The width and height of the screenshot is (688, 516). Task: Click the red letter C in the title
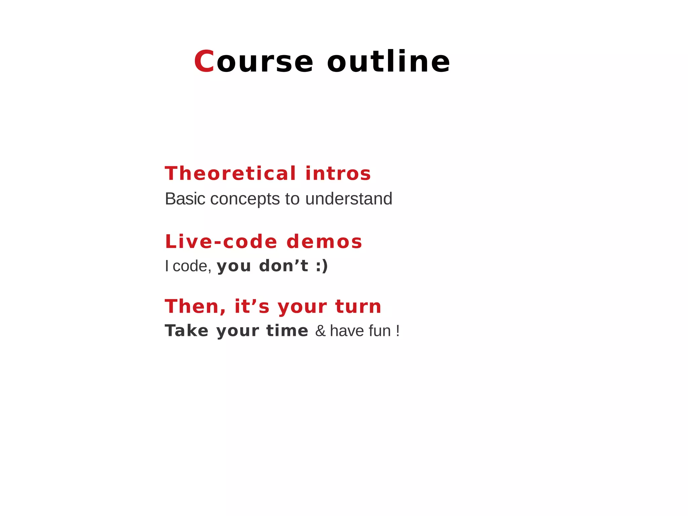point(204,61)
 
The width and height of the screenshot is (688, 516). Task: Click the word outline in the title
point(388,61)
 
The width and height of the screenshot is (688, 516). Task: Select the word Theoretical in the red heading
point(230,173)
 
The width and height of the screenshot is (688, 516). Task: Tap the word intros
point(338,173)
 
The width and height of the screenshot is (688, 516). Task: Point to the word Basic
point(185,199)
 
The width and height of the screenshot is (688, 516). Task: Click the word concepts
point(245,199)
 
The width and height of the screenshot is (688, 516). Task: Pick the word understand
point(349,199)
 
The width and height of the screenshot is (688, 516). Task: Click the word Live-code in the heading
point(221,242)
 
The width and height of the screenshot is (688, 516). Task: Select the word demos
point(324,242)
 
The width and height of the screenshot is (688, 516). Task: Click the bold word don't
point(284,266)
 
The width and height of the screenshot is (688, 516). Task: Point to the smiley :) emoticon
point(322,266)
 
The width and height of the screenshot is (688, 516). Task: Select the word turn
point(358,307)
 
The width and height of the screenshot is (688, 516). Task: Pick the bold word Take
point(186,331)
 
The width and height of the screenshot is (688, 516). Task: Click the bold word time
point(287,331)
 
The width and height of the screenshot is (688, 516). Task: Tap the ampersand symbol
point(320,331)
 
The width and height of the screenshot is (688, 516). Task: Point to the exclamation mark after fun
point(398,331)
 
